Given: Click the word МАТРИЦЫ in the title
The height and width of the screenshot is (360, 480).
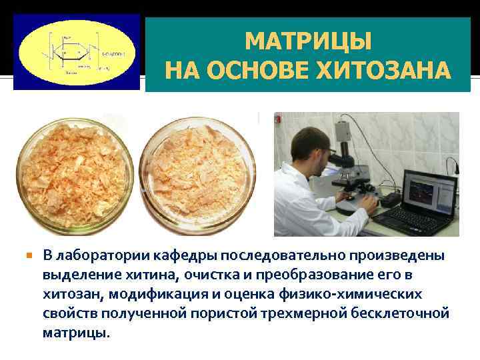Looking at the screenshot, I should click(308, 42).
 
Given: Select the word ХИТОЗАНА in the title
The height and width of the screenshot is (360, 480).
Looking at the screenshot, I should click(389, 70).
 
